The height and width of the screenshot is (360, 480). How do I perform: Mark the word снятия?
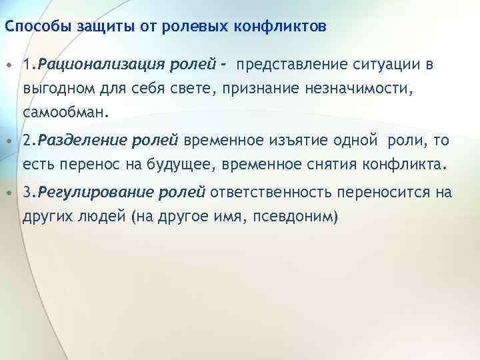coord(325,164)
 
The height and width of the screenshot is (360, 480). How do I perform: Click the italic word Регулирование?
coord(81,193)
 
